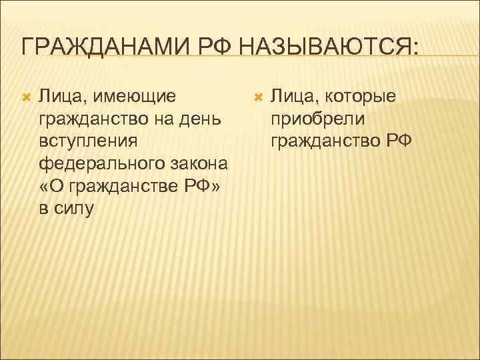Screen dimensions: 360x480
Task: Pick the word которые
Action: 357,97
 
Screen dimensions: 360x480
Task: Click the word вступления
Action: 89,141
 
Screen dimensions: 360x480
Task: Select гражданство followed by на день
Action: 89,119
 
